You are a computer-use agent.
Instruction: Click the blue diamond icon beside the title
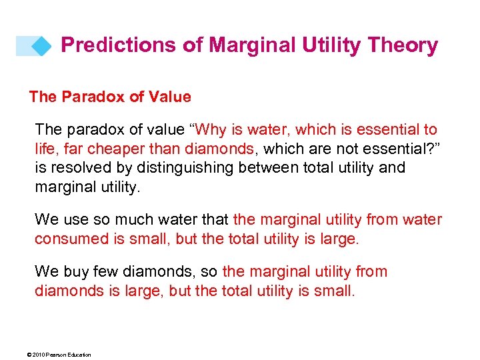41,46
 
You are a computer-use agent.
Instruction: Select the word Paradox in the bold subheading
93,97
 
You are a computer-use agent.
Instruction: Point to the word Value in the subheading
169,97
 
